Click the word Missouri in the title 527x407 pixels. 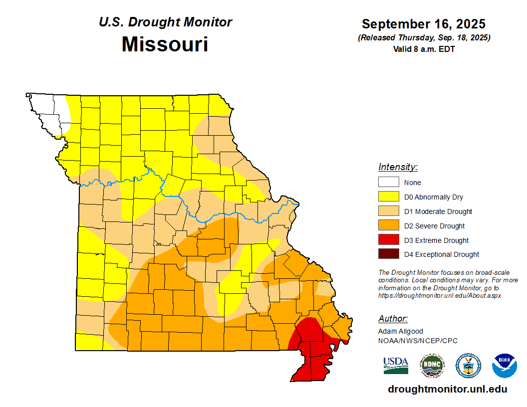tap(165, 44)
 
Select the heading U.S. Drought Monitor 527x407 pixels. tap(165, 22)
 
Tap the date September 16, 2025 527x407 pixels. tap(424, 24)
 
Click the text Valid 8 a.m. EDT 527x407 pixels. tap(424, 49)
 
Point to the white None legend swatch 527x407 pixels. tap(388, 183)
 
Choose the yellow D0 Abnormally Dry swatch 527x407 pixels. tap(388, 197)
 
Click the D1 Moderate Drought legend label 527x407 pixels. tap(438, 211)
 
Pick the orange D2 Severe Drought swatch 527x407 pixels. tap(388, 225)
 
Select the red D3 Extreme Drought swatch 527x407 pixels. tap(388, 240)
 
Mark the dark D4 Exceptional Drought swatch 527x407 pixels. tap(388, 254)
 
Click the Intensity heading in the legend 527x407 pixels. tap(398, 167)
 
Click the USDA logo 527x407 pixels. tap(396, 365)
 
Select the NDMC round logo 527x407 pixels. tap(432, 366)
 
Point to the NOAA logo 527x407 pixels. tap(504, 366)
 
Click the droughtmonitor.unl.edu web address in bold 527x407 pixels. tap(447, 390)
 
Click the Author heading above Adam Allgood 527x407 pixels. tap(393, 319)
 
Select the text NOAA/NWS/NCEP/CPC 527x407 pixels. tap(418, 341)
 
